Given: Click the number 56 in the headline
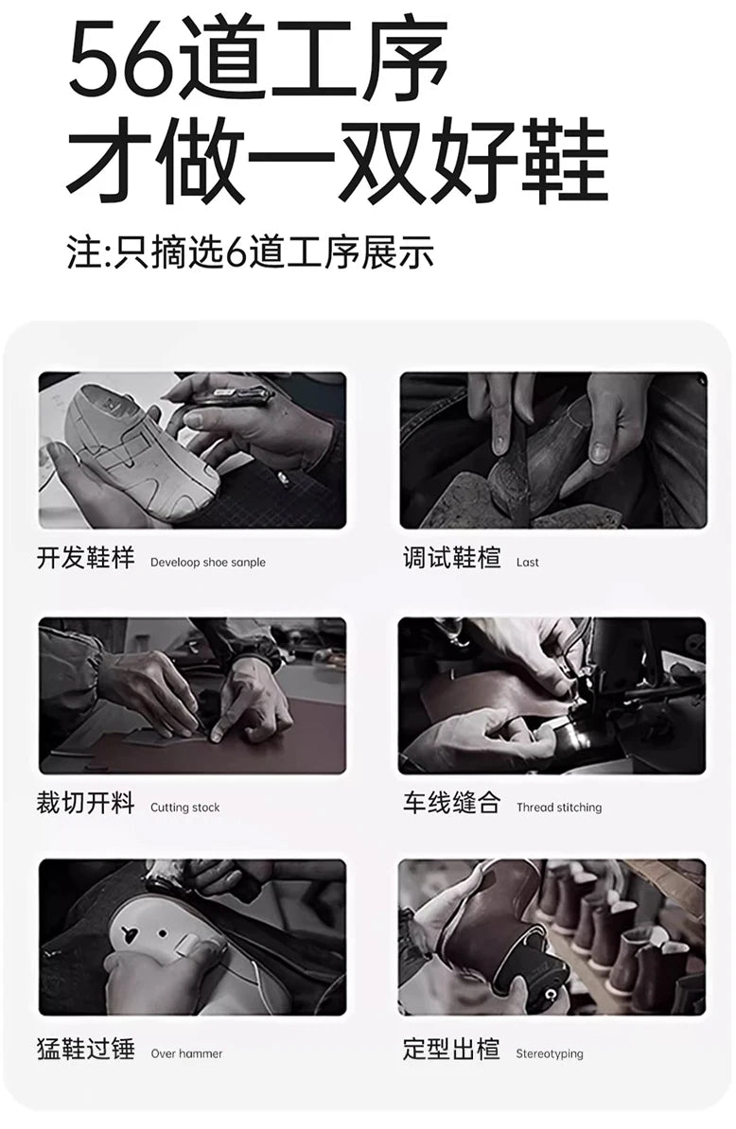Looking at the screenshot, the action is coord(121,60).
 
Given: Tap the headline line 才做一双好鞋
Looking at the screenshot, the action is coord(338,162).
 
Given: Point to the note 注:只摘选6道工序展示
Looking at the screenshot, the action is coord(251,252).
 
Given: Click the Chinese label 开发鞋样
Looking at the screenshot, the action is coord(86,558).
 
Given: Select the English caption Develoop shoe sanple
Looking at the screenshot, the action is coord(208,563).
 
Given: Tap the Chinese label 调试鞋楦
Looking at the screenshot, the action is coord(451,558).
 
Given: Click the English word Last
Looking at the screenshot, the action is coord(527,563).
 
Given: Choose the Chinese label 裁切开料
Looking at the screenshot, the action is coord(86,803).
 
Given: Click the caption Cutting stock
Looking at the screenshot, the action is coord(185,808).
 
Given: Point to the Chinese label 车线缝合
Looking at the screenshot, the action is coord(451,803).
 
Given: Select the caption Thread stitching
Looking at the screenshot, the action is coord(559,808).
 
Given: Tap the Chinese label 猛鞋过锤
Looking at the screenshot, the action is coord(86,1049).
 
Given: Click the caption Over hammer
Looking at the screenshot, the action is coord(186,1053).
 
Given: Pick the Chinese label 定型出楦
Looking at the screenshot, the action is coord(451,1049).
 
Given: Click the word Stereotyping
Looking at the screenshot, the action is coord(550,1053).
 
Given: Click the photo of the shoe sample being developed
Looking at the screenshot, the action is coord(192,450).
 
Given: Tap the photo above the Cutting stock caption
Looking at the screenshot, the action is coord(192,696).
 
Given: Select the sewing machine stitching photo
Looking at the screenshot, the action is coord(552,696).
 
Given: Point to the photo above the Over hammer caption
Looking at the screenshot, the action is coord(192,937).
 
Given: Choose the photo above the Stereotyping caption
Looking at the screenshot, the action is coord(552,937).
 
